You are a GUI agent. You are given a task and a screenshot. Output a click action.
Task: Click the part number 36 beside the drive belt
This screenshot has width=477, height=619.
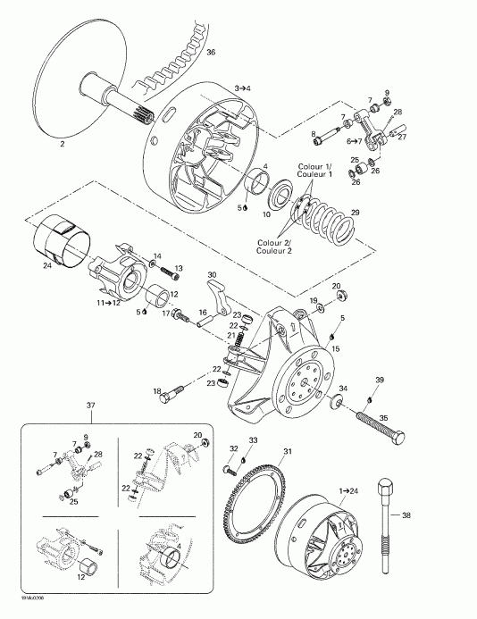coord(212,54)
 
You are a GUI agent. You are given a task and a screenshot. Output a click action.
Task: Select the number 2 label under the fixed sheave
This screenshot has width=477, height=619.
coord(61,143)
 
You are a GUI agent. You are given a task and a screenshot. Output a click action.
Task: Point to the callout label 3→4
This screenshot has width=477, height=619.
coord(244,88)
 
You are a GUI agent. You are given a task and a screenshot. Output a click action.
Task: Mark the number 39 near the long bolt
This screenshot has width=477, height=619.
coord(380,381)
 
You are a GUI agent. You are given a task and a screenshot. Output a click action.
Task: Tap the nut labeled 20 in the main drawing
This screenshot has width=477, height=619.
coord(345,297)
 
